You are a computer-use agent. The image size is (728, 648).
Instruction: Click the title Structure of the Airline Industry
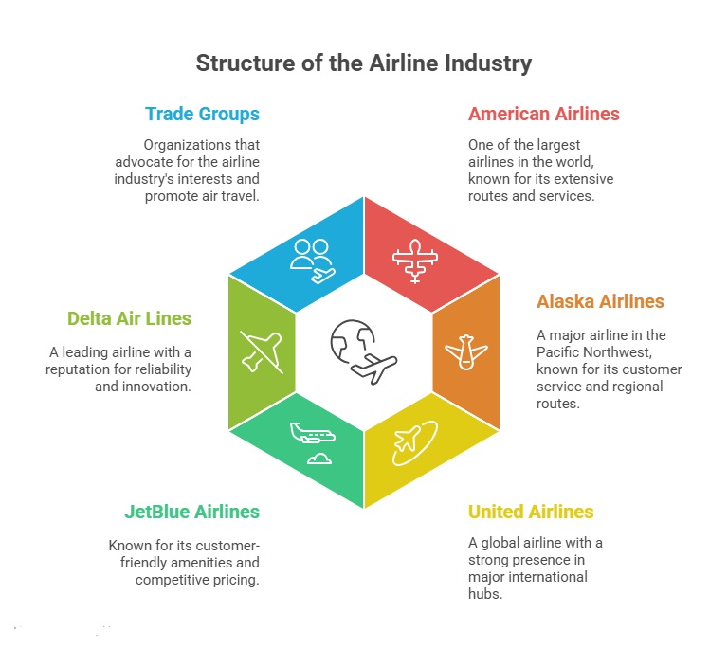(364, 63)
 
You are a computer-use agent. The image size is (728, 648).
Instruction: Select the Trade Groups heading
(202, 114)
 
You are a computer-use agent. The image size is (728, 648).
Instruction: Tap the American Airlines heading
(543, 114)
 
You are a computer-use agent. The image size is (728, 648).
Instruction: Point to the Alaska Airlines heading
(600, 302)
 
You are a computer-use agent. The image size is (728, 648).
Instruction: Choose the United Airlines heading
(530, 512)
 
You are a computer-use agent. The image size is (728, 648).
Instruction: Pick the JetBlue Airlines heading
(191, 512)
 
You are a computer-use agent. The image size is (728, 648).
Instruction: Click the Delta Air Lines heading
(129, 318)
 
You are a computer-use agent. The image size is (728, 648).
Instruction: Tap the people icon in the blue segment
(312, 259)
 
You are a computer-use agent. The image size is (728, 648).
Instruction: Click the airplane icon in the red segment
(415, 259)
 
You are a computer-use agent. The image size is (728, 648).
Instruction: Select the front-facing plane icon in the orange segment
(465, 352)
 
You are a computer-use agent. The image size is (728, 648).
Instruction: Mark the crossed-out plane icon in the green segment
(261, 351)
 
